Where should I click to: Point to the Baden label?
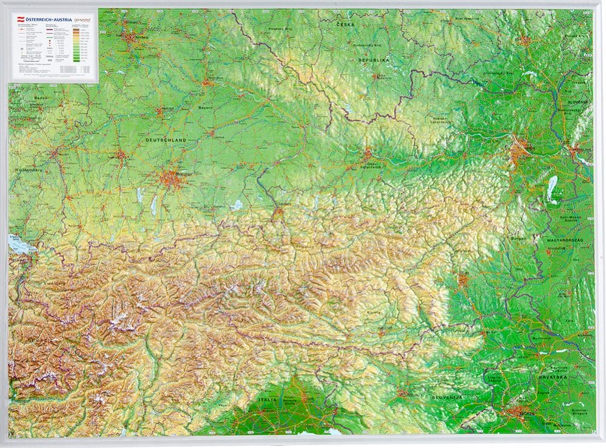point(23,98)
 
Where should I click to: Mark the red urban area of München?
point(171,178)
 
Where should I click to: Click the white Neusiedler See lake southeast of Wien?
point(553,189)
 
